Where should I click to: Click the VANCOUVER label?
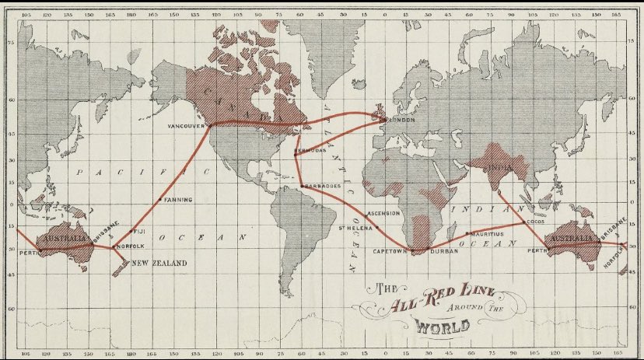185,125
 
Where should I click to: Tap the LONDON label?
401,120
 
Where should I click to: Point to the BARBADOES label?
323,187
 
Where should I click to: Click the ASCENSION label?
383,212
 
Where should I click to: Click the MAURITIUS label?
487,233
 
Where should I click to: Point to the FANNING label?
178,200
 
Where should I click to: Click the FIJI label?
140,231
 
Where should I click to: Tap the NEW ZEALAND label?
159,264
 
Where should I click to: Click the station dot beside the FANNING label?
160,200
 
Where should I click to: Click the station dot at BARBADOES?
302,187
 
